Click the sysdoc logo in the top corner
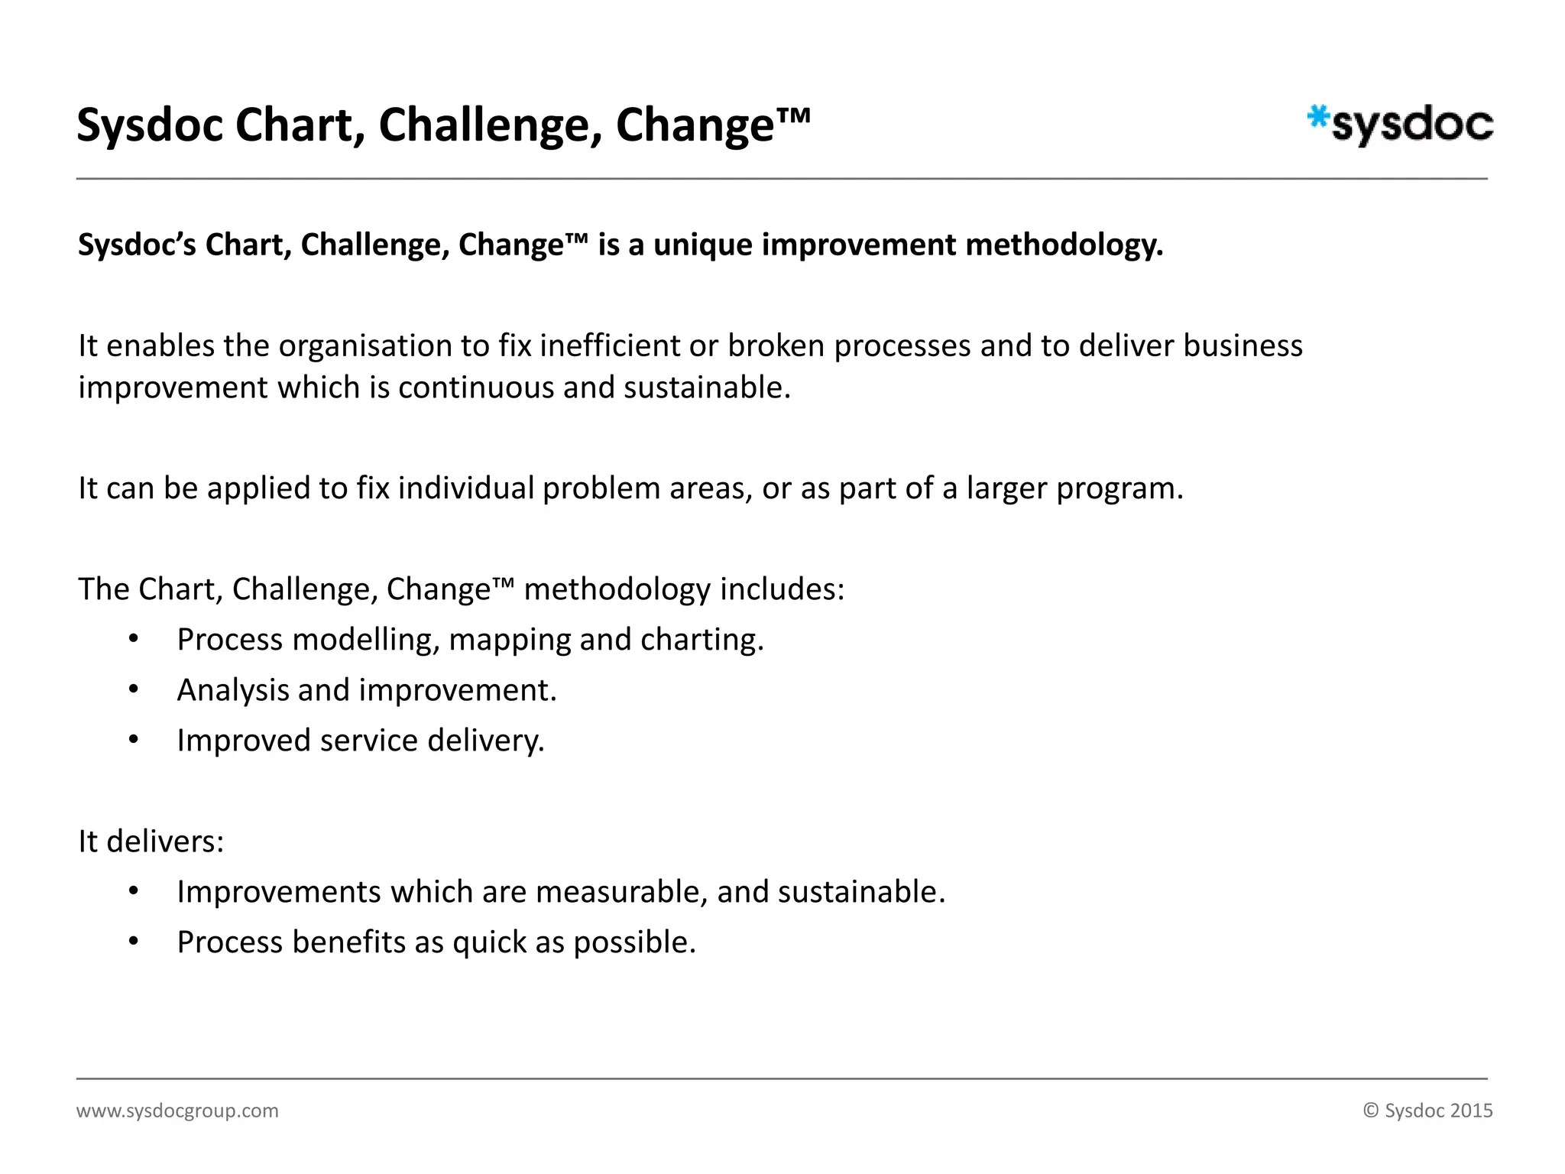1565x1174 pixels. (x=1400, y=125)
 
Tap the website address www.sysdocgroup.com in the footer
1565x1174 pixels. (x=177, y=1111)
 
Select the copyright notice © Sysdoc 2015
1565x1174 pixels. (x=1427, y=1111)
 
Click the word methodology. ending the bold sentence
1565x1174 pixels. (x=1064, y=245)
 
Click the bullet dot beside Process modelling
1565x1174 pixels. (x=134, y=639)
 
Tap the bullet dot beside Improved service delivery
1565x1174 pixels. (x=134, y=740)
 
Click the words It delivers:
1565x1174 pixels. (x=151, y=842)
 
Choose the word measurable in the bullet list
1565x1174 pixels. (x=620, y=892)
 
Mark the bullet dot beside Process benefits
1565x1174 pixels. (x=134, y=942)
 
